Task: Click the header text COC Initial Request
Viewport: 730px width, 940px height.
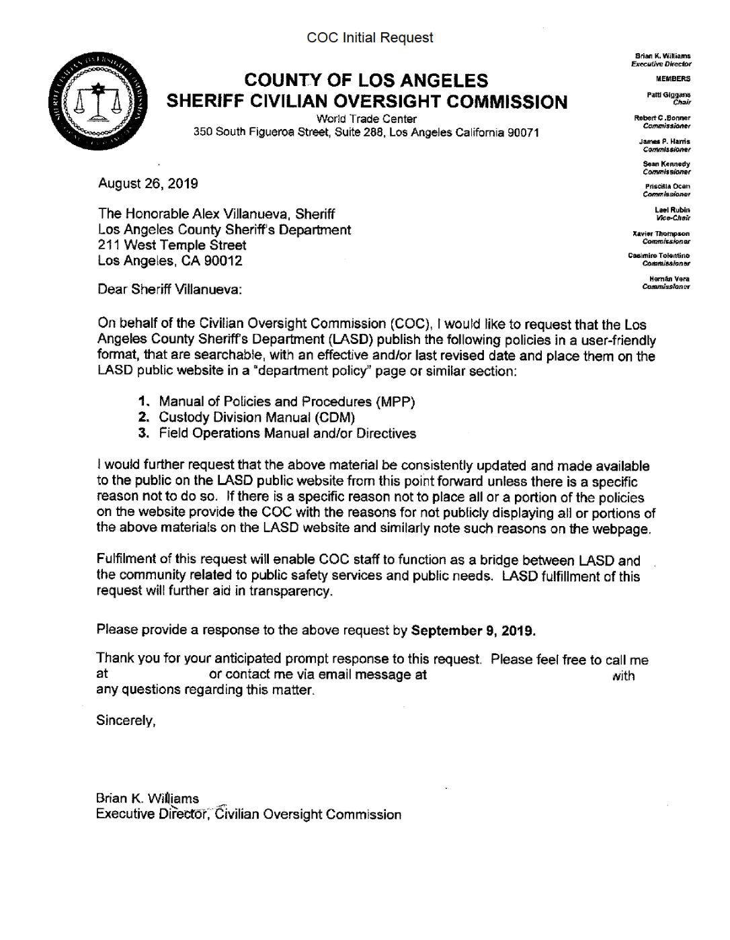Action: tap(370, 38)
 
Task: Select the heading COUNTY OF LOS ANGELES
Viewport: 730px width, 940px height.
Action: tap(366, 81)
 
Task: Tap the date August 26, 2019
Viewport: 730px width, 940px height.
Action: tap(148, 183)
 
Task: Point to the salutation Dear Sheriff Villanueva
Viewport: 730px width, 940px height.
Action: tap(169, 290)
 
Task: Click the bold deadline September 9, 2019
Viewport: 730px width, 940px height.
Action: tap(473, 631)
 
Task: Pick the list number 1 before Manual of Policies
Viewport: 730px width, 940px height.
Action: tap(143, 402)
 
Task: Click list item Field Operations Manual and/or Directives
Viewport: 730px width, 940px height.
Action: tap(287, 433)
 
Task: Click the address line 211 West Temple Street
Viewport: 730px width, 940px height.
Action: tap(172, 245)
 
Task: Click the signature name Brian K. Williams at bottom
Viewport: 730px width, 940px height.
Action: tap(147, 798)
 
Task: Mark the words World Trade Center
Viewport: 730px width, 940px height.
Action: tap(366, 119)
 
